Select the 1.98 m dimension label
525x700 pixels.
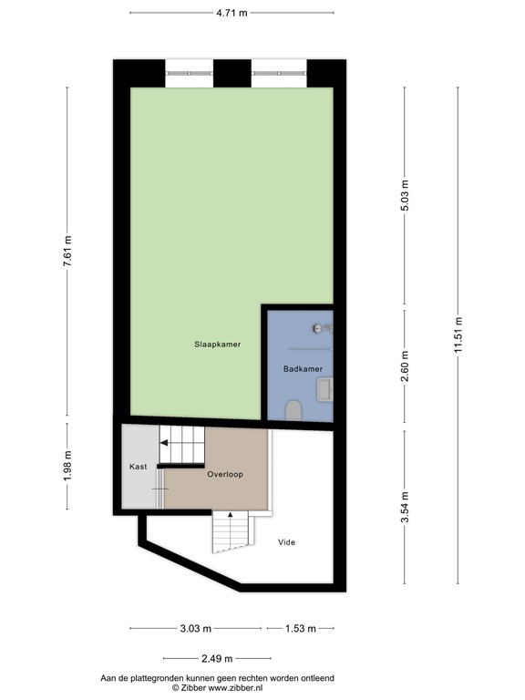[67, 464]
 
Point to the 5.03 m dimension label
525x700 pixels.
[406, 197]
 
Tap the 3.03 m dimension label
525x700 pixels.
[195, 629]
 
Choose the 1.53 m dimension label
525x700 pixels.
[300, 629]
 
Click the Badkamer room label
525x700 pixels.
[302, 369]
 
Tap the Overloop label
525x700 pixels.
[224, 475]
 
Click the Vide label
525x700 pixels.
[286, 542]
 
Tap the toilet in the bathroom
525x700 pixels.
[293, 411]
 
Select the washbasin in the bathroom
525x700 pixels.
[324, 391]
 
